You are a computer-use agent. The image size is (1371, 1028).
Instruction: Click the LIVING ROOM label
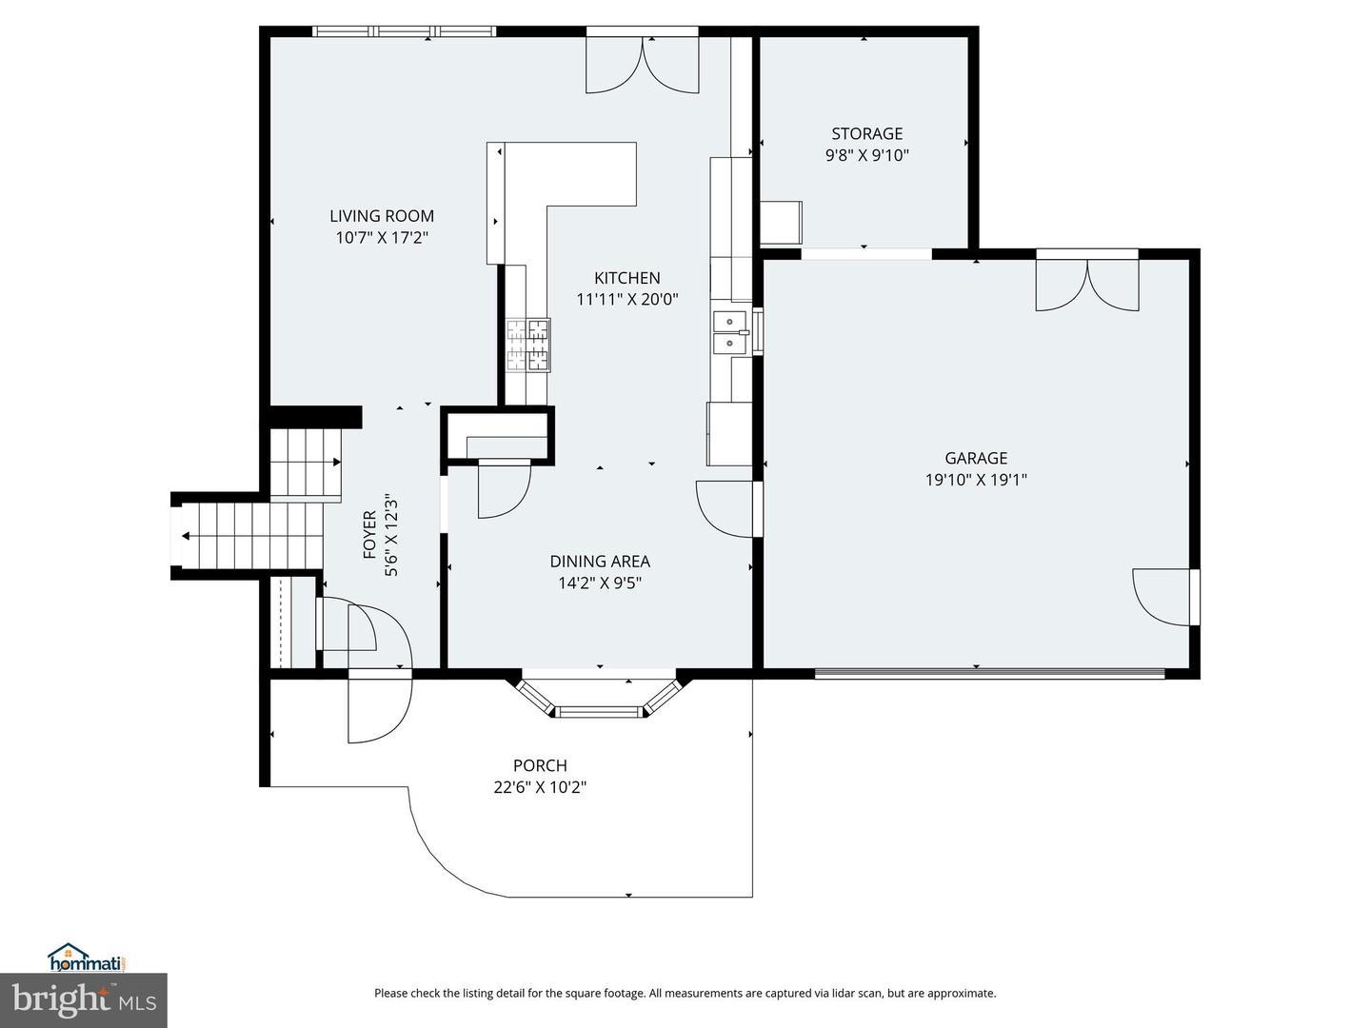[x=382, y=216]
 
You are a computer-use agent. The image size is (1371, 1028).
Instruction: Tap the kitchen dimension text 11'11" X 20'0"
[x=626, y=299]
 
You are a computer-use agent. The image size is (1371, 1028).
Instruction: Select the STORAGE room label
[x=866, y=133]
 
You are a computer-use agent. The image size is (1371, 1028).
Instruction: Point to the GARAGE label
[x=976, y=458]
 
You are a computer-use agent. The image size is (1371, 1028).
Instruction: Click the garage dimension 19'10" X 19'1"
[x=976, y=480]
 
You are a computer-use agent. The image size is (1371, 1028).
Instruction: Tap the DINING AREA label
[x=600, y=562]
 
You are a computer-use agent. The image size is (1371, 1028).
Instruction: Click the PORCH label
[x=540, y=765]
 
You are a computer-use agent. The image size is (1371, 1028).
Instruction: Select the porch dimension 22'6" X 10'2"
[x=540, y=787]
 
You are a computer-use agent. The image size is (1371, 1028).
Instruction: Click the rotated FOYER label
[x=369, y=535]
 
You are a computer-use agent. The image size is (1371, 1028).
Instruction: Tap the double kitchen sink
[x=730, y=332]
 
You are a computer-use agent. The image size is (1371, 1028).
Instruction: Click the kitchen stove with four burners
[x=527, y=344]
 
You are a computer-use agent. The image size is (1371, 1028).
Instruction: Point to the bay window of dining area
[x=600, y=701]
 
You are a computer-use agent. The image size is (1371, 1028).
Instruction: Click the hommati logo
[x=87, y=957]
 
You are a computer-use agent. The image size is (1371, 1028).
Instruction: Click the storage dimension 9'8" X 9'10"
[x=866, y=155]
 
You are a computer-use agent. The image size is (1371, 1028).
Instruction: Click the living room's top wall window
[x=405, y=31]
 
